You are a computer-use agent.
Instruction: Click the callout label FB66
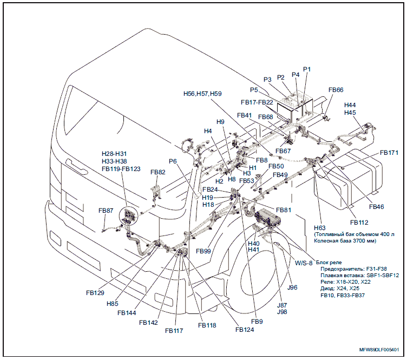click(336, 90)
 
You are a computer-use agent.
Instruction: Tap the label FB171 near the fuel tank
click(389, 153)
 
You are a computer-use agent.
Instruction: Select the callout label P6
click(173, 161)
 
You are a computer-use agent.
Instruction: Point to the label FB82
click(157, 172)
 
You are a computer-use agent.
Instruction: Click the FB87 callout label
click(106, 210)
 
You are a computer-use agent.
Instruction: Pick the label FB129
click(95, 292)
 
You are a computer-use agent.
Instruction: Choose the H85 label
click(112, 304)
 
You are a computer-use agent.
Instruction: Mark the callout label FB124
click(244, 329)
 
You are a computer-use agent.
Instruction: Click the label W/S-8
click(304, 263)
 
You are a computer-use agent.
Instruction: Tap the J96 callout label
click(293, 287)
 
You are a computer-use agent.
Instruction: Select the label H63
click(320, 228)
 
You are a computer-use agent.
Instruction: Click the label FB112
click(359, 222)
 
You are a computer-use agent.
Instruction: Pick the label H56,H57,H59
click(202, 93)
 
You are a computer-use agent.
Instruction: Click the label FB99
click(204, 251)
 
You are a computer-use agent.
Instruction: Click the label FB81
click(284, 210)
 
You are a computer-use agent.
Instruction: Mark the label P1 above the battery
click(307, 69)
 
